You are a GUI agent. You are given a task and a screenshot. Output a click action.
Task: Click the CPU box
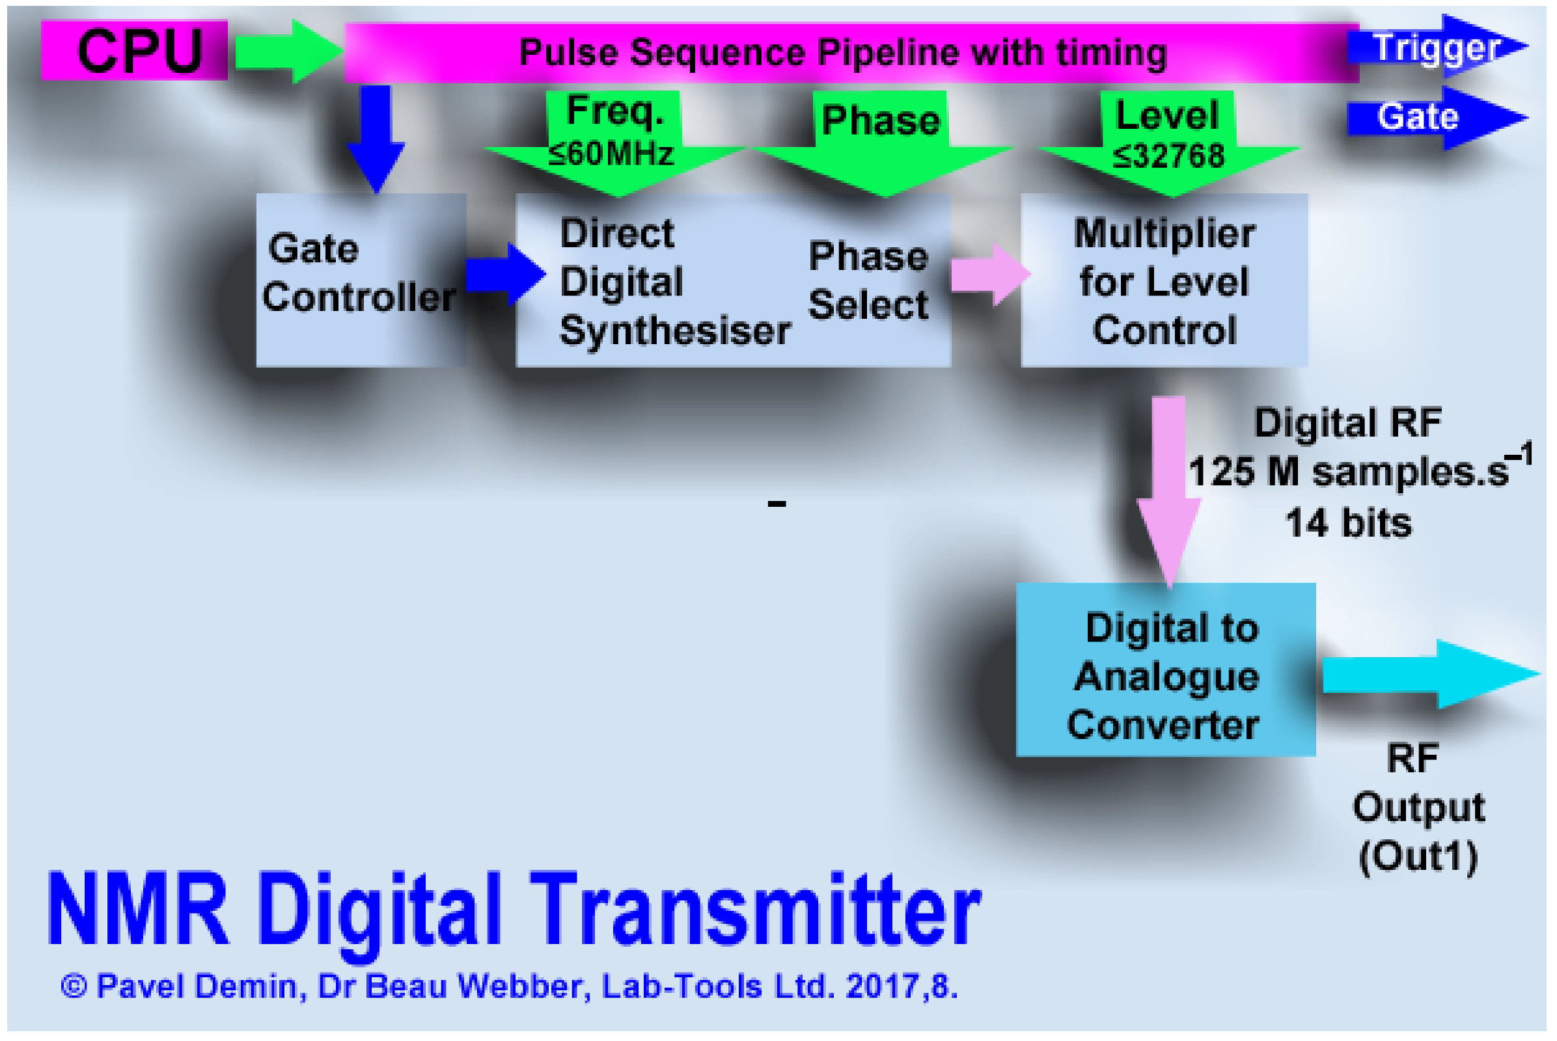(134, 51)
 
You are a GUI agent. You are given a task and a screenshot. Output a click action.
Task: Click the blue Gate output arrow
(1435, 118)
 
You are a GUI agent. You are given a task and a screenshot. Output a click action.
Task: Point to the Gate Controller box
(361, 280)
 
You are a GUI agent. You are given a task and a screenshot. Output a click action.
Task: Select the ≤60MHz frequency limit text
(611, 155)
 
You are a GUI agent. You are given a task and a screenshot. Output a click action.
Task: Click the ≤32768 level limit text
(1168, 157)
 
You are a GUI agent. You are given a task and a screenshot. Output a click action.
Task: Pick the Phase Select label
(868, 281)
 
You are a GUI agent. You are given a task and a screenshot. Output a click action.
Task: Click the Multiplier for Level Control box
(1164, 281)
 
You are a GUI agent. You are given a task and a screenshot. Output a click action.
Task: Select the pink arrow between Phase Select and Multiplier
(988, 274)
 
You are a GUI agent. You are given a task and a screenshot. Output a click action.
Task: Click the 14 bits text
(1349, 523)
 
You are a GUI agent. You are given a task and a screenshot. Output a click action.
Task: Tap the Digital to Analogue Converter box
(1166, 669)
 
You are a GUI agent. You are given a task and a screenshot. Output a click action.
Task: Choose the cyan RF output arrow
(1428, 674)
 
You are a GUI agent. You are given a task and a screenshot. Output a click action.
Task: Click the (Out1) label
(1418, 857)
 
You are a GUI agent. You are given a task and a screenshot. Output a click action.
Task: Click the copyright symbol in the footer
(74, 986)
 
